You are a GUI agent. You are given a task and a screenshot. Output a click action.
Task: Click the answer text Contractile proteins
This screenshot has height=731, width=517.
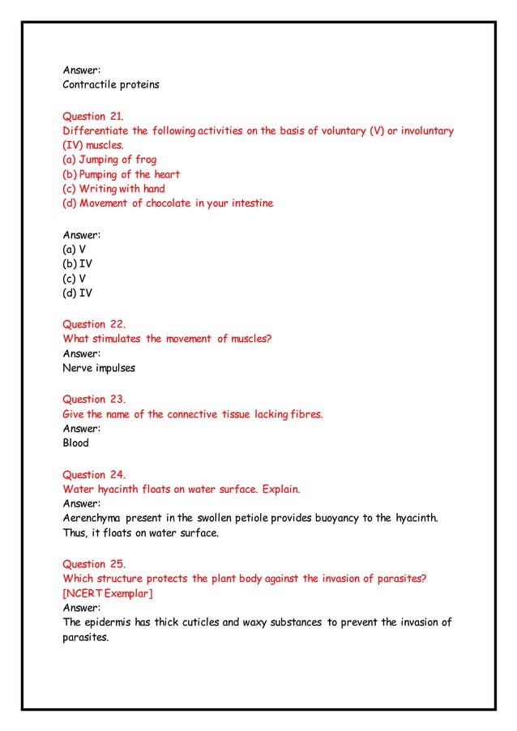[111, 84]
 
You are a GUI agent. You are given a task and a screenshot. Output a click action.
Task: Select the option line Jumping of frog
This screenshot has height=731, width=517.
[109, 160]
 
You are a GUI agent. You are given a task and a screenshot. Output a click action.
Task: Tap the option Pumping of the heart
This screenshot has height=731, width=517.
[121, 174]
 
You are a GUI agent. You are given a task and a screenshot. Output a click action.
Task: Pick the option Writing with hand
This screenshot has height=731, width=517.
[113, 189]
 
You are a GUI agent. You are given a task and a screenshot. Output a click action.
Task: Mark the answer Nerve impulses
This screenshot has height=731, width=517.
[99, 368]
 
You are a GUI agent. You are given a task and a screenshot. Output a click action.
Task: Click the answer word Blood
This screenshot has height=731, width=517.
[76, 443]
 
